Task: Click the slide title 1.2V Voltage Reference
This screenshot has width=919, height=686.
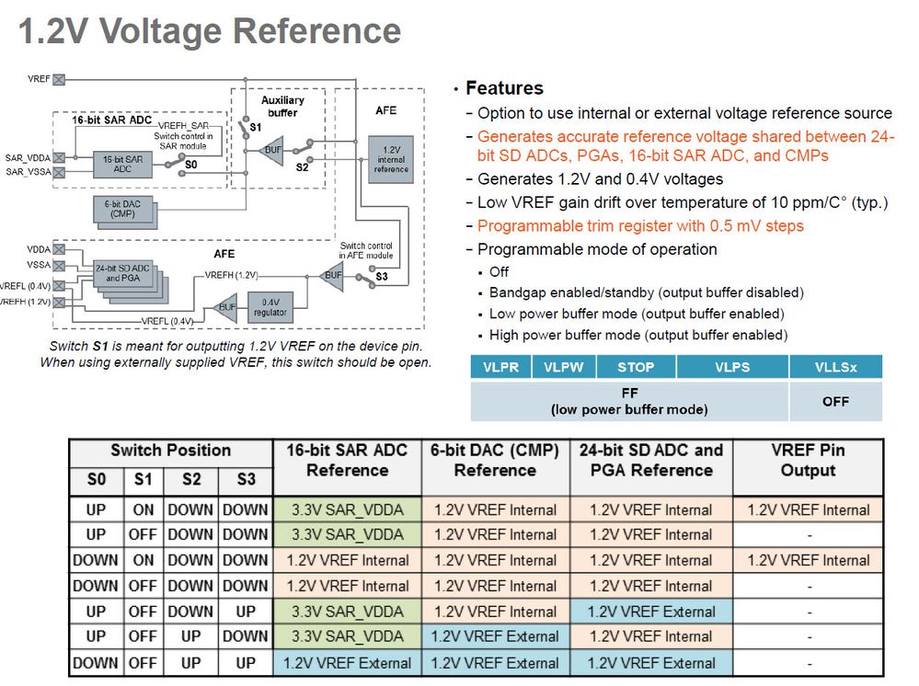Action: (210, 31)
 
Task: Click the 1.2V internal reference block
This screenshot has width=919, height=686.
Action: (391, 158)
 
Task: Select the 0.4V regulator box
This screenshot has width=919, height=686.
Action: (270, 307)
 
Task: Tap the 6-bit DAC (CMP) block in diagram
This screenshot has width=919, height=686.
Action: (122, 211)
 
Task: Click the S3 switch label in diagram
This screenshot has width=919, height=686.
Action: (381, 277)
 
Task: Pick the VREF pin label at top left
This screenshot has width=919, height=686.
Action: (39, 80)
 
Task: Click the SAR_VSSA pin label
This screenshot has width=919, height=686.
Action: (27, 172)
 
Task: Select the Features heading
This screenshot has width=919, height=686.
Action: (504, 88)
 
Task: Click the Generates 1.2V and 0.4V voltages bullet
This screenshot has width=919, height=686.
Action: (600, 179)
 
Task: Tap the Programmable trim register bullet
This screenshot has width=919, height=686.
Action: (640, 226)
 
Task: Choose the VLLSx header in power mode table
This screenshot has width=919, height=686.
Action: (835, 367)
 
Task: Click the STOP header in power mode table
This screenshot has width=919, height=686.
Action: (635, 367)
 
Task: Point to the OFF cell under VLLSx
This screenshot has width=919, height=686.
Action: (835, 402)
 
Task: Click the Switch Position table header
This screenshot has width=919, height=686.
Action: (170, 451)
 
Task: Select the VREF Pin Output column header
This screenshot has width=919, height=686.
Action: (808, 461)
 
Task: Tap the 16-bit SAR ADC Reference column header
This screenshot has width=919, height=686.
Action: (347, 461)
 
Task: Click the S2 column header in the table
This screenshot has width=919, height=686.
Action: (190, 480)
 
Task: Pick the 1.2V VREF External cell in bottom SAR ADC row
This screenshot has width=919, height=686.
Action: (347, 662)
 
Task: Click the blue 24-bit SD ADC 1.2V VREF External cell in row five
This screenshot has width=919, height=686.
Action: (651, 612)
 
